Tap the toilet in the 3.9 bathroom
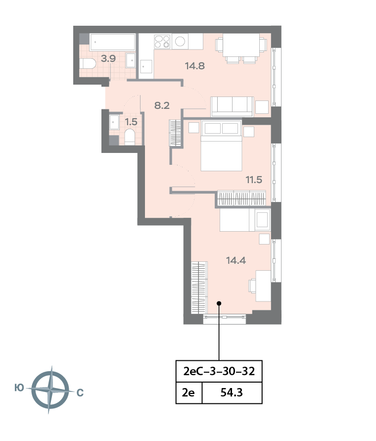88,64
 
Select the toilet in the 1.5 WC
130,136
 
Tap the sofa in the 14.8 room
231,106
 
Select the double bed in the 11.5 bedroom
221,147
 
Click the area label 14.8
195,65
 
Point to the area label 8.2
162,105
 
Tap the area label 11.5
253,179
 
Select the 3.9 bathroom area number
108,58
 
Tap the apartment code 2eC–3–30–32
219,371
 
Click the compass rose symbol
49,390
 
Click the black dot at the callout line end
219,303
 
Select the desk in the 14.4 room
263,286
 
